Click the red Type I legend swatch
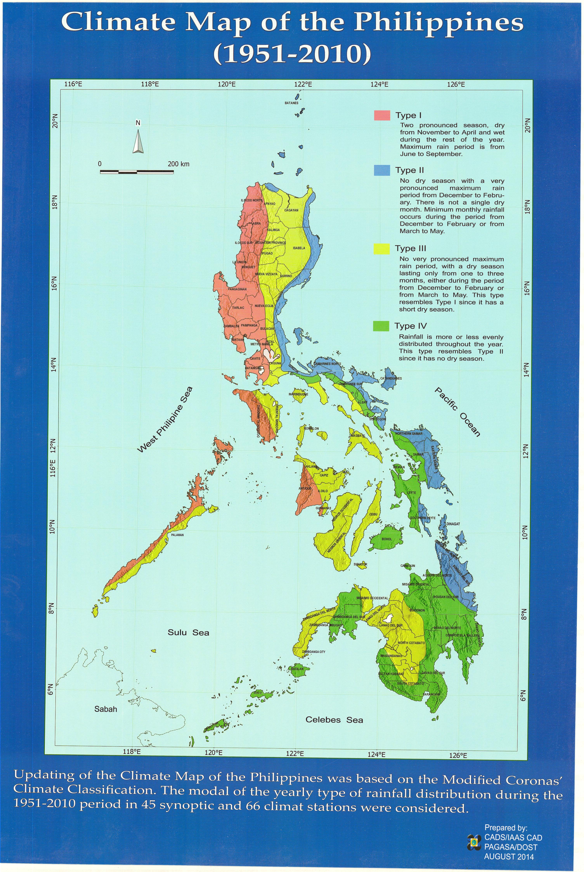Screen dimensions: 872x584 coord(382,115)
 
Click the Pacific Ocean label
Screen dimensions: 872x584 coord(457,411)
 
